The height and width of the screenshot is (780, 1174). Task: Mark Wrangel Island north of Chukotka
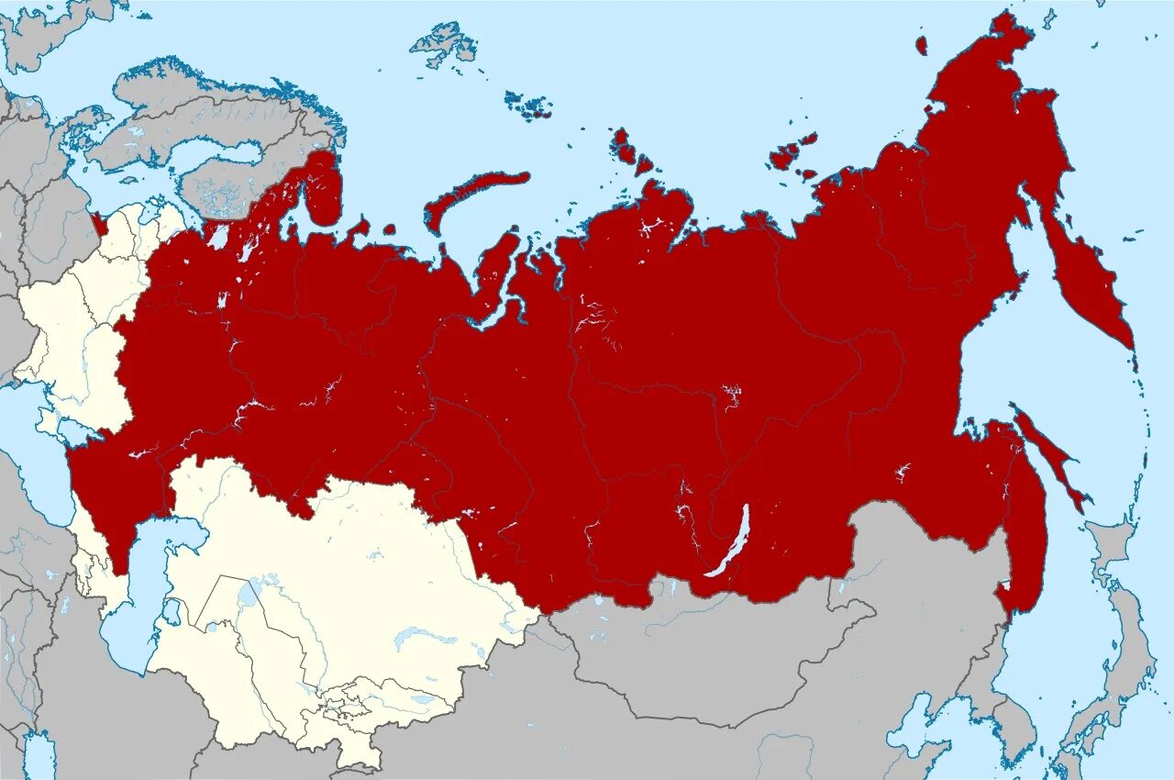pyautogui.click(x=921, y=45)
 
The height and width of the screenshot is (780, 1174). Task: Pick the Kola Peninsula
pyautogui.click(x=321, y=188)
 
